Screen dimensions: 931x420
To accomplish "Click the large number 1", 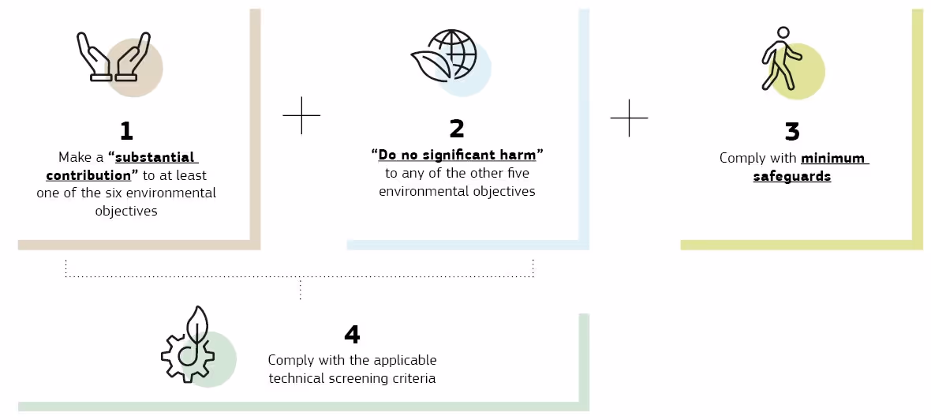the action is [x=125, y=130].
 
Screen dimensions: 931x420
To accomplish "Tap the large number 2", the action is [x=457, y=129].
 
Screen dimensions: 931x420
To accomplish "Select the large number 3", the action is [x=792, y=132].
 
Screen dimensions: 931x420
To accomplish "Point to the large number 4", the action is [x=352, y=335].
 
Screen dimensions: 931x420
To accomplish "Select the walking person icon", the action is [x=781, y=59].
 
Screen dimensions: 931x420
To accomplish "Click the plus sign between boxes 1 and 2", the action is [x=301, y=115].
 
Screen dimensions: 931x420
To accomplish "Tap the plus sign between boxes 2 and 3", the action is [x=629, y=118].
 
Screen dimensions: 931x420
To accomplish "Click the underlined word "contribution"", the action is [x=88, y=175].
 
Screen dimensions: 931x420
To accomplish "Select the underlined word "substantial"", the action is [x=155, y=157].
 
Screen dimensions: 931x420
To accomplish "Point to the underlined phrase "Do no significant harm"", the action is [x=457, y=155].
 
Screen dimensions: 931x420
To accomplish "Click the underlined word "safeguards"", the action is [x=791, y=176].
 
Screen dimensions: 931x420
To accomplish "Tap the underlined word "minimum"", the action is [x=834, y=158].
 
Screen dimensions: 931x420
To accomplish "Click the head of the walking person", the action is [x=783, y=33].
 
